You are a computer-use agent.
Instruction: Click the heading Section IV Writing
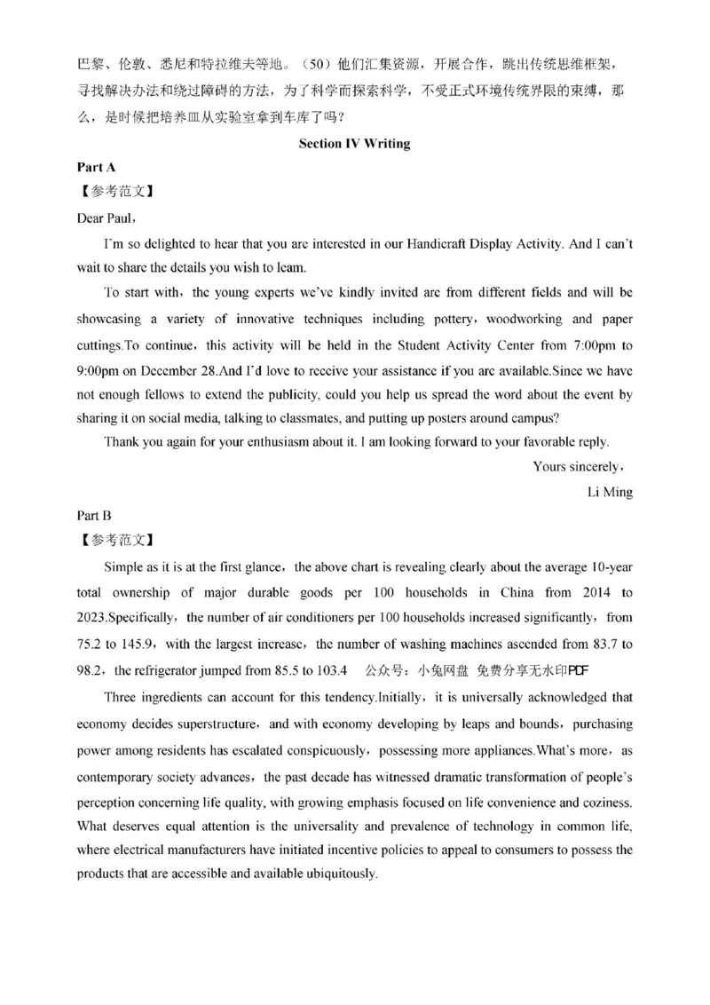tap(354, 143)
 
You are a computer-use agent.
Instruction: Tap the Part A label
tap(97, 166)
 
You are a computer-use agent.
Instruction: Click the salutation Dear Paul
tap(106, 217)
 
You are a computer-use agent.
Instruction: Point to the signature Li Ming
tap(610, 491)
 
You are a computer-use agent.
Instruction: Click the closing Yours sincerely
tap(580, 466)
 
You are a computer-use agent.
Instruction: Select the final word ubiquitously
tap(342, 873)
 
